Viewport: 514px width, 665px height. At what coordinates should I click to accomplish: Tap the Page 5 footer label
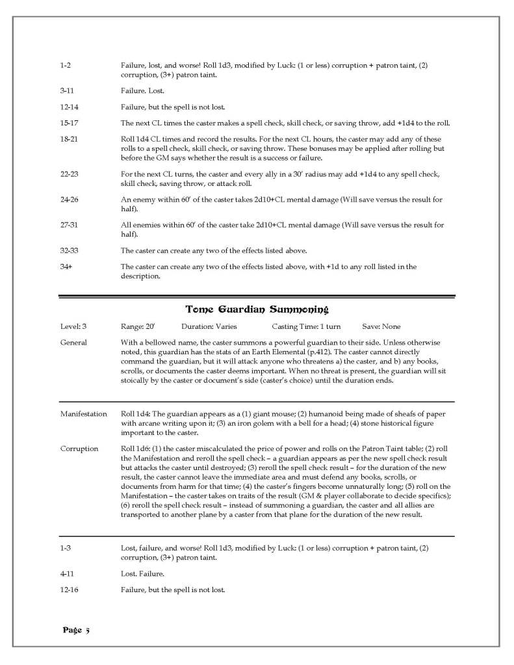[77, 630]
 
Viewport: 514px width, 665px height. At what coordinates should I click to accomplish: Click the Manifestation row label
[83, 414]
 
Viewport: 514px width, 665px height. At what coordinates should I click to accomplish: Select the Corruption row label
[79, 449]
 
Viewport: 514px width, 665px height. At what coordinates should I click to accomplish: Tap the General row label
[73, 343]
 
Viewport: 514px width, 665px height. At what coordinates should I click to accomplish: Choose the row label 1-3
[64, 549]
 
